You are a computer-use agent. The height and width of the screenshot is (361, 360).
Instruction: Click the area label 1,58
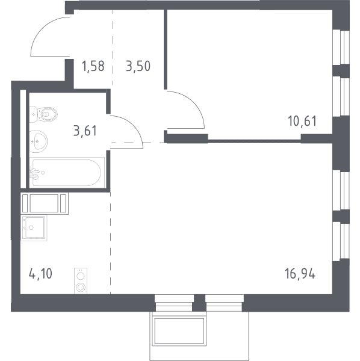(x=93, y=66)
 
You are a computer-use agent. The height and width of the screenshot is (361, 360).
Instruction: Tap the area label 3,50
(x=138, y=66)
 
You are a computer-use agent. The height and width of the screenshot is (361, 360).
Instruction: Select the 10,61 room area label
(x=302, y=121)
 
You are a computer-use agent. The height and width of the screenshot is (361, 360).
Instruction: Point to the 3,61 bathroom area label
(x=85, y=131)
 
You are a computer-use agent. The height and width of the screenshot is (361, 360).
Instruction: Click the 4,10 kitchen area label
(x=40, y=274)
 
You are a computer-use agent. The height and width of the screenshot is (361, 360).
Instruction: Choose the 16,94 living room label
(x=300, y=274)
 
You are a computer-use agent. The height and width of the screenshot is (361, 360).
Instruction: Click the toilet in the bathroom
(x=43, y=114)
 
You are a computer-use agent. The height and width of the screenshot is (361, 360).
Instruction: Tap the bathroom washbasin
(x=39, y=141)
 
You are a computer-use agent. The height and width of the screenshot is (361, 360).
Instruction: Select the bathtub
(x=67, y=173)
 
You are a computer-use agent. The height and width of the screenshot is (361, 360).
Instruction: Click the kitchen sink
(x=34, y=227)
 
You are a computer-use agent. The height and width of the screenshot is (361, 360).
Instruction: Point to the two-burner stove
(x=81, y=281)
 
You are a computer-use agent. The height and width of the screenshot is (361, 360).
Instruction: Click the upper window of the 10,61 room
(x=341, y=47)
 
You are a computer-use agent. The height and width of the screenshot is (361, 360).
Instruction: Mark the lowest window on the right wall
(x=341, y=241)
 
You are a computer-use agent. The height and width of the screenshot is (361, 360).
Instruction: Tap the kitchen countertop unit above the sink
(x=45, y=203)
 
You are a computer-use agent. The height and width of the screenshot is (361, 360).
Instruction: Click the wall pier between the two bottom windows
(x=199, y=303)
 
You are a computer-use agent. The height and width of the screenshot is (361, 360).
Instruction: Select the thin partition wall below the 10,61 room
(x=254, y=141)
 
